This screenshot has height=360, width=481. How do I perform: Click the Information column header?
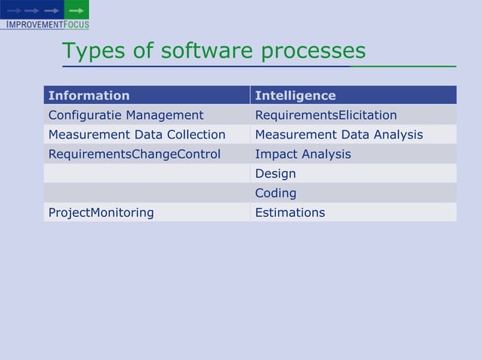click(89, 96)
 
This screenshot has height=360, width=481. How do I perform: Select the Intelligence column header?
click(296, 96)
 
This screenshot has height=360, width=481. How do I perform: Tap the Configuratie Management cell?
click(126, 115)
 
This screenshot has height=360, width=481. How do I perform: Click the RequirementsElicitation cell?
click(326, 115)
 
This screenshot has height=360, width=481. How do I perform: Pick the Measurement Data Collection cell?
click(136, 135)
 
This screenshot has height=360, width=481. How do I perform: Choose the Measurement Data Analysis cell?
click(339, 135)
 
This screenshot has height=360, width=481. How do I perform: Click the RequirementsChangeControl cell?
click(134, 154)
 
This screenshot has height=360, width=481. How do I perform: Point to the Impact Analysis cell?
click(303, 154)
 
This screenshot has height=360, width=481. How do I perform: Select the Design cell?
click(275, 174)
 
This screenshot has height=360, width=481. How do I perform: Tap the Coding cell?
click(275, 194)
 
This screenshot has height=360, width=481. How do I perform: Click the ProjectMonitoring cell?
click(101, 212)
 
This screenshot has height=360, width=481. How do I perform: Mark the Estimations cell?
click(290, 212)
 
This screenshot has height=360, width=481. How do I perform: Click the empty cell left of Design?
click(146, 174)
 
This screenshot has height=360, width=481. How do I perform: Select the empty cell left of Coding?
click(146, 194)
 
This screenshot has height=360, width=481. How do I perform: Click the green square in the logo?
click(76, 10)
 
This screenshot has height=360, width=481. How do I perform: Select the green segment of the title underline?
click(403, 66)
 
